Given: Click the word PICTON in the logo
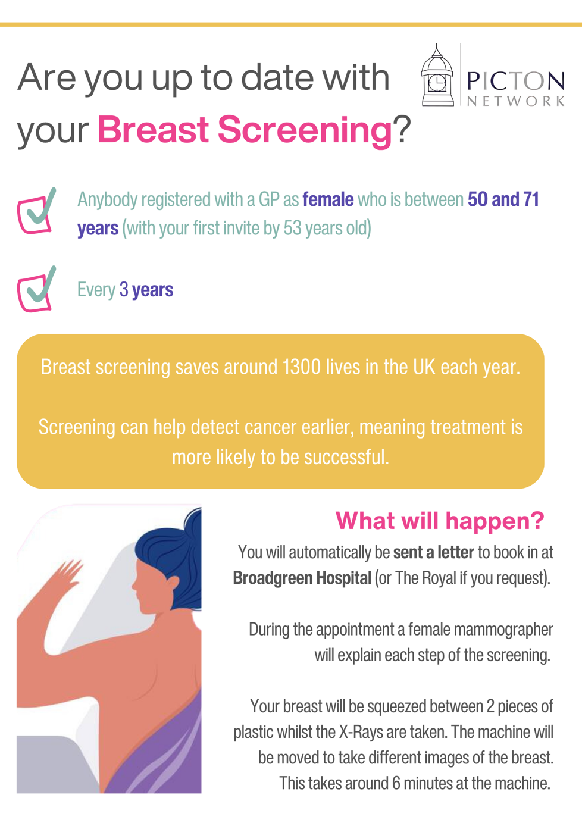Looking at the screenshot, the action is pyautogui.click(x=515, y=82).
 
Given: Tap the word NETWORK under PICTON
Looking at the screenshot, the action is pyautogui.click(x=515, y=101).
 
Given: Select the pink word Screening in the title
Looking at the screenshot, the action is pyautogui.click(x=305, y=131).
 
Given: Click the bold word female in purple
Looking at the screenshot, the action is pyautogui.click(x=328, y=199).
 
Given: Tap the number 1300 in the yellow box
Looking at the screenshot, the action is pyautogui.click(x=302, y=367).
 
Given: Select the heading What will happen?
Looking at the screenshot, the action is pyautogui.click(x=440, y=521).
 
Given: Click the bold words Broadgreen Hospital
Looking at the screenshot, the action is pyautogui.click(x=302, y=578).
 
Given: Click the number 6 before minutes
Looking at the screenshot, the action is pyautogui.click(x=396, y=783).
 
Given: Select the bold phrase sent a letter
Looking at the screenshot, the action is pyautogui.click(x=434, y=552).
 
